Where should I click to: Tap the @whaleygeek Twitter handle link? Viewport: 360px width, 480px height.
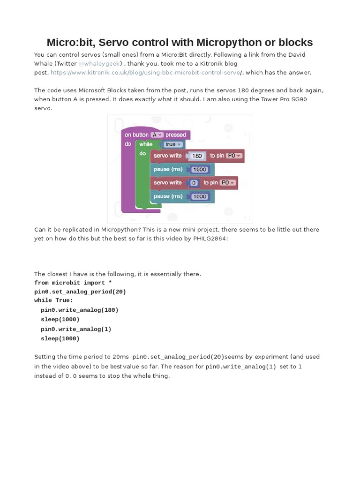pyautogui.click(x=100, y=63)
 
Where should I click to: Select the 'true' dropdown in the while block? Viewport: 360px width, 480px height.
pyautogui.click(x=173, y=144)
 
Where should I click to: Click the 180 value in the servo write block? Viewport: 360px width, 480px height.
pyautogui.click(x=197, y=156)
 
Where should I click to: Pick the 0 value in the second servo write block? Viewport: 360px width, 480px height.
pyautogui.click(x=193, y=182)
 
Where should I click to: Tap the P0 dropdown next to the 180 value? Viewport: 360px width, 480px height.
pyautogui.click(x=233, y=156)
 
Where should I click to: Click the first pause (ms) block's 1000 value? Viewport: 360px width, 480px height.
pyautogui.click(x=199, y=169)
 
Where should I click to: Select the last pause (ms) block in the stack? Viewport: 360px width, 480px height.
pyautogui.click(x=168, y=196)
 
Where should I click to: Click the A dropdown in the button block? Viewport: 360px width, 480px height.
pyautogui.click(x=156, y=135)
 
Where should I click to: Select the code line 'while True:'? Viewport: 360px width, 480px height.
pyautogui.click(x=53, y=300)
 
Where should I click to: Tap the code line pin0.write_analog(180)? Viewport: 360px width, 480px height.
pyautogui.click(x=79, y=310)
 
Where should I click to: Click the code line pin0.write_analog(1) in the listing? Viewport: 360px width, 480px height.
pyautogui.click(x=76, y=329)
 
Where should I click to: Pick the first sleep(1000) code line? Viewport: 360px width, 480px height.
pyautogui.click(x=60, y=319)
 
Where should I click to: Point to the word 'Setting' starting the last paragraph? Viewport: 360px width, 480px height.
pyautogui.click(x=45, y=357)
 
